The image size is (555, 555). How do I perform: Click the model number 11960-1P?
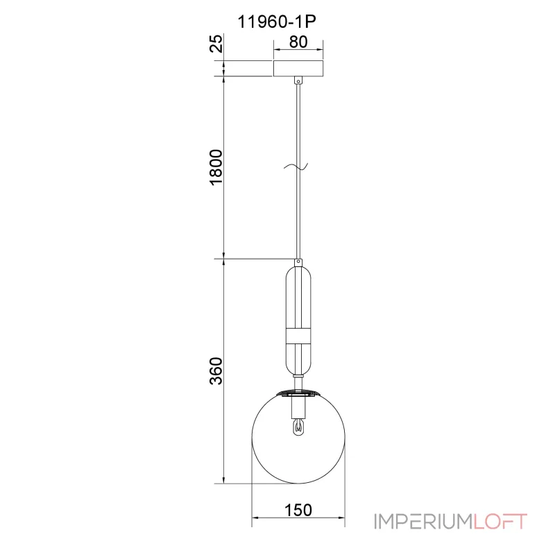276,22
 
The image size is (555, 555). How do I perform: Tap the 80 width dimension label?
298,42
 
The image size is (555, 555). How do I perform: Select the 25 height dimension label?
217,44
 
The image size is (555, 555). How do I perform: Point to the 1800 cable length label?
216,167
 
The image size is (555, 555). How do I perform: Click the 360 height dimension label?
216,371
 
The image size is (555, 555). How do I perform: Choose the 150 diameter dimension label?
298,510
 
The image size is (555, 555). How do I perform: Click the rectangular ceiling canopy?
298,68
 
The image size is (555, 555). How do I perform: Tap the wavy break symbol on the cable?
296,166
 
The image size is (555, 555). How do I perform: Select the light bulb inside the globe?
299,427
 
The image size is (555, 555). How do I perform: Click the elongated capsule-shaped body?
299,321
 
